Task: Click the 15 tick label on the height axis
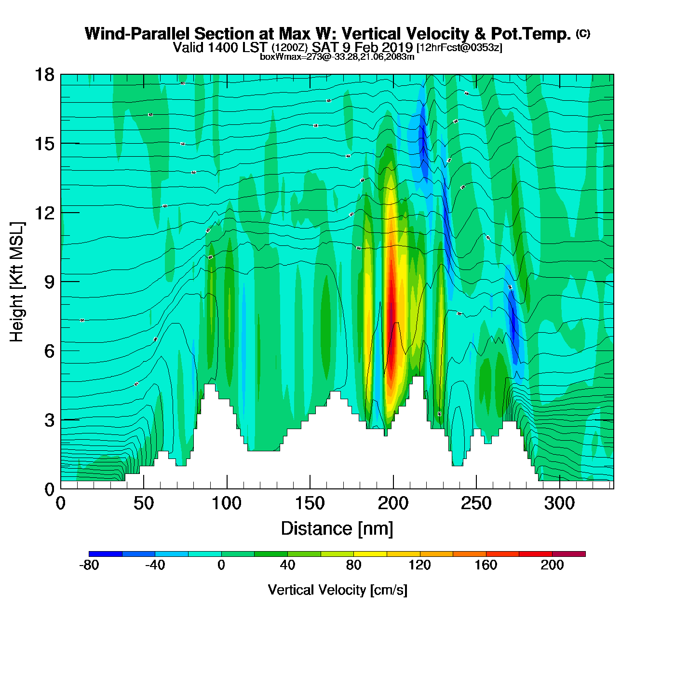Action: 44,144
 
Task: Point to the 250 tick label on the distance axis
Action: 476,504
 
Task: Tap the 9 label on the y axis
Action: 49,282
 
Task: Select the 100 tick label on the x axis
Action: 227,504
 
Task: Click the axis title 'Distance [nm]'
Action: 337,529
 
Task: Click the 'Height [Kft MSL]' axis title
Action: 17,282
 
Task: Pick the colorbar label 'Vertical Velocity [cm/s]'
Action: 337,590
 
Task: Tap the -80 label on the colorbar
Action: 89,565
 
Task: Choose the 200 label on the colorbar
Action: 552,565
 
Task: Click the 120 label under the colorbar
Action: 419,565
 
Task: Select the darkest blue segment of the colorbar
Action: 106,553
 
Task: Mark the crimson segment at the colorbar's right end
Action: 568,553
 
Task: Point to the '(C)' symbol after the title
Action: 583,33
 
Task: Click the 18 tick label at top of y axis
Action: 44,75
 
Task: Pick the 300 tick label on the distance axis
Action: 559,504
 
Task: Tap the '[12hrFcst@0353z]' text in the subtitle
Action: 459,47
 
